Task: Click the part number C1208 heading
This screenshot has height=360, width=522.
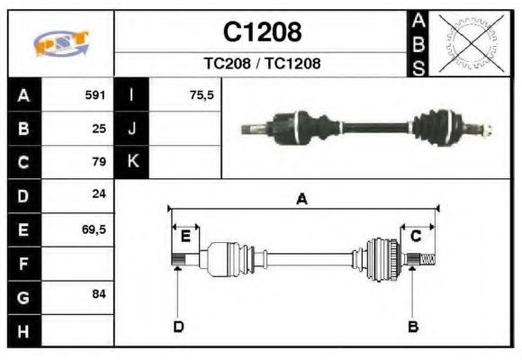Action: [x=262, y=33]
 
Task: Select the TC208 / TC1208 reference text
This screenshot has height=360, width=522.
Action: [x=262, y=64]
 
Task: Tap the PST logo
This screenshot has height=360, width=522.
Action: [x=61, y=43]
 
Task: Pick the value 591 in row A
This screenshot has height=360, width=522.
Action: [x=95, y=94]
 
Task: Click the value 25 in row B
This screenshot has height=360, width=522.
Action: [x=99, y=128]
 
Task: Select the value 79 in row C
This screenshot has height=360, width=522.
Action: [x=99, y=162]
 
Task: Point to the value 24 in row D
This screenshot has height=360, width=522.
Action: [x=99, y=195]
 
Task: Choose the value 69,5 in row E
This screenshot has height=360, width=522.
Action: [x=94, y=229]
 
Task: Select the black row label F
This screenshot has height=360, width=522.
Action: [x=23, y=264]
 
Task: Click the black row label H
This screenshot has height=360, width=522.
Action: [x=23, y=331]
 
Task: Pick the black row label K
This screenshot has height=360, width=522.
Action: [x=132, y=162]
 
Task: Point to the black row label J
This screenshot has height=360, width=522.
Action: [x=132, y=128]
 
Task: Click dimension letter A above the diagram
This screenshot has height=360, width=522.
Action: [x=302, y=200]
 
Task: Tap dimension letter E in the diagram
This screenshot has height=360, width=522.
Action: [x=185, y=237]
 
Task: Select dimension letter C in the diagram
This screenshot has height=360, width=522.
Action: [x=416, y=237]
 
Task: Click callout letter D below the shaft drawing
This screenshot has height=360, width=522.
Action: [x=178, y=326]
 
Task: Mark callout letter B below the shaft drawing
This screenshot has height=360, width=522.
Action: [x=413, y=326]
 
